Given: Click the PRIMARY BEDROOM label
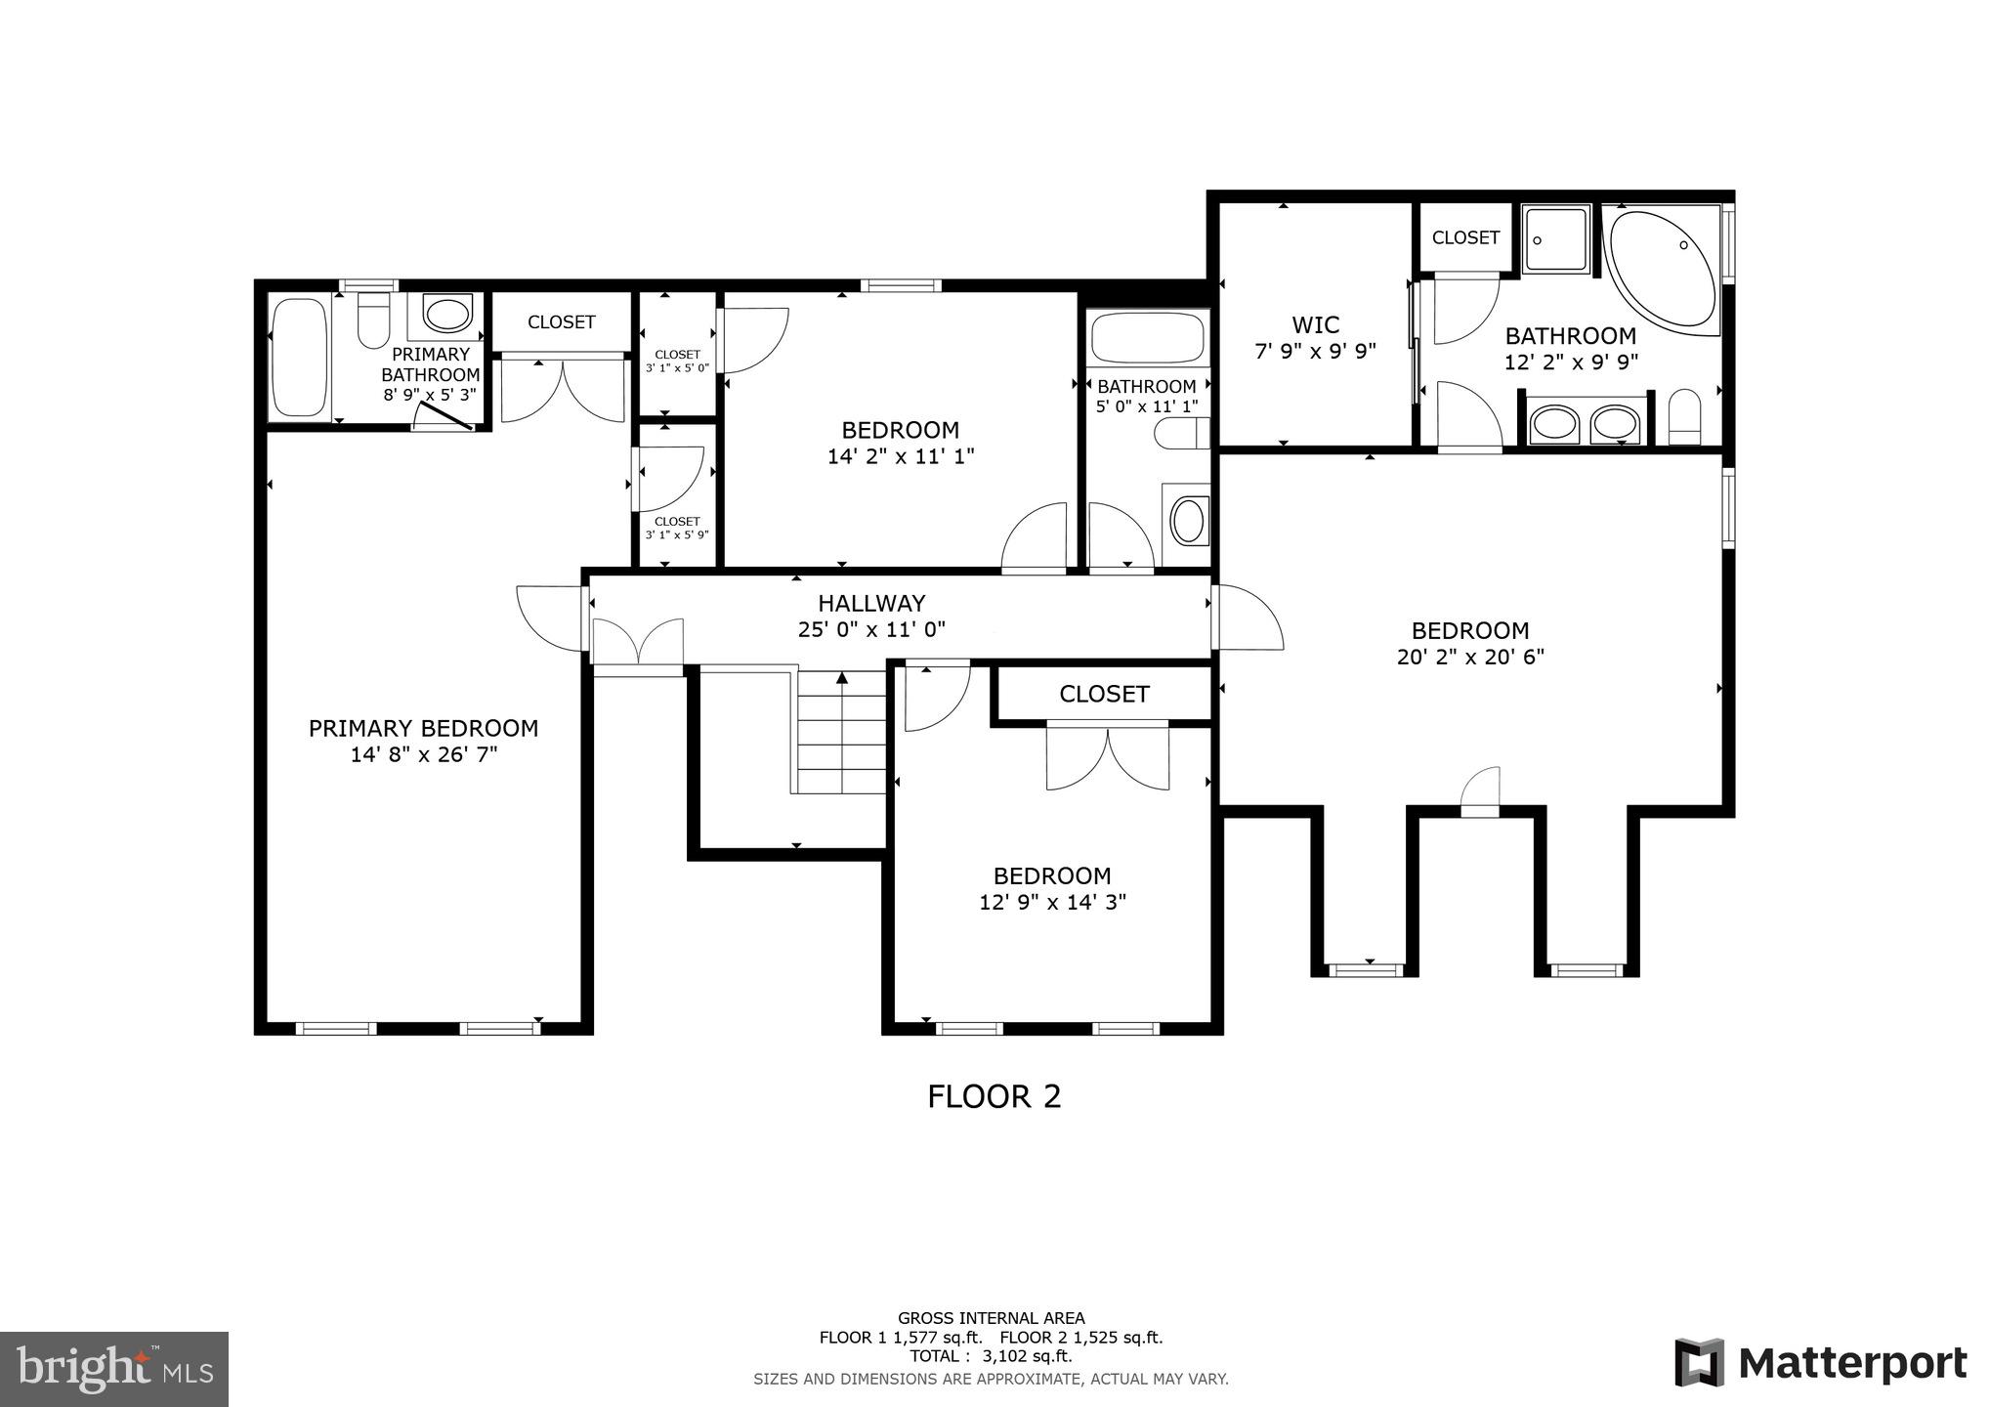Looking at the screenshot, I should [x=423, y=729].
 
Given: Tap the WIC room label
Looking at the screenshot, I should [x=1315, y=324].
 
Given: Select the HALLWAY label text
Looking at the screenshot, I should [x=870, y=604].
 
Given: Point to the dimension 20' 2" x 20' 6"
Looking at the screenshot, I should [x=1470, y=657].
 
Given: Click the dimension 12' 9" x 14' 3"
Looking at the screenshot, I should [x=1052, y=902].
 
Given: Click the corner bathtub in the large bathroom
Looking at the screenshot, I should [x=1661, y=269].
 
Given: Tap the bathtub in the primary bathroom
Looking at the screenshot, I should [x=299, y=358].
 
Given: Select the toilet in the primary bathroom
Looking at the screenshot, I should [x=373, y=320].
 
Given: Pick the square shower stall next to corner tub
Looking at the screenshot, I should [x=1557, y=239].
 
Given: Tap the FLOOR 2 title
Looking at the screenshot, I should [x=994, y=1096].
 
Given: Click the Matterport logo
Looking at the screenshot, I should [x=1820, y=1363].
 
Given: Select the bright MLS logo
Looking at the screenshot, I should [x=114, y=1368].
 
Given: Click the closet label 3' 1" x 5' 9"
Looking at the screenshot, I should [x=676, y=534].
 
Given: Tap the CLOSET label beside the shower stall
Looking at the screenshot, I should [x=1464, y=237].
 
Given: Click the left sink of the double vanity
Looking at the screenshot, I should [x=1553, y=425].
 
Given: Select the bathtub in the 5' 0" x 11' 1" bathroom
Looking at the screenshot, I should [x=1147, y=338].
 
